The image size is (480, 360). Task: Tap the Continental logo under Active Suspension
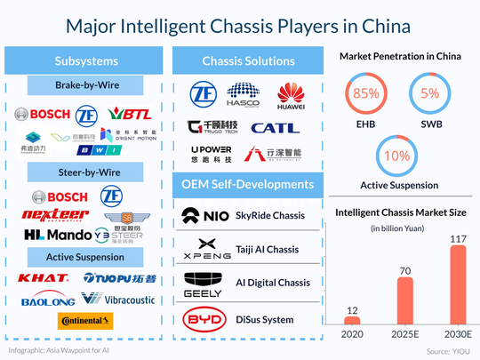pos(83,321)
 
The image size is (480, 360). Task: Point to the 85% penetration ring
pos(362,93)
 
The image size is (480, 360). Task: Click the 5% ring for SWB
pos(430,93)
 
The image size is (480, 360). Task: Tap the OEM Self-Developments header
pos(247,184)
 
